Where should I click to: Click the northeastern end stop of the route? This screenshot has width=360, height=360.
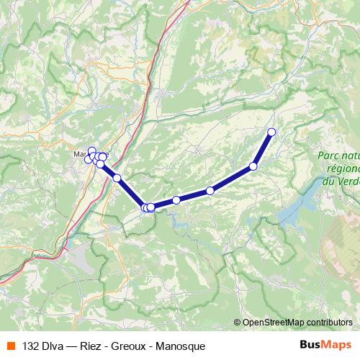click(x=271, y=132)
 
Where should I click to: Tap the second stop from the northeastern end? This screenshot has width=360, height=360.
click(x=253, y=166)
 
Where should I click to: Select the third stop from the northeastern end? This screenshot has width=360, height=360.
click(x=210, y=191)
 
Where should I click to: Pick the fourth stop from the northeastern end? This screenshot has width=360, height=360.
click(x=176, y=200)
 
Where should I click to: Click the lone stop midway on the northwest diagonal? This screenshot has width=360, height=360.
click(x=117, y=178)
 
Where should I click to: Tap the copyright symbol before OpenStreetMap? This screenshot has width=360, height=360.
click(x=237, y=323)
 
